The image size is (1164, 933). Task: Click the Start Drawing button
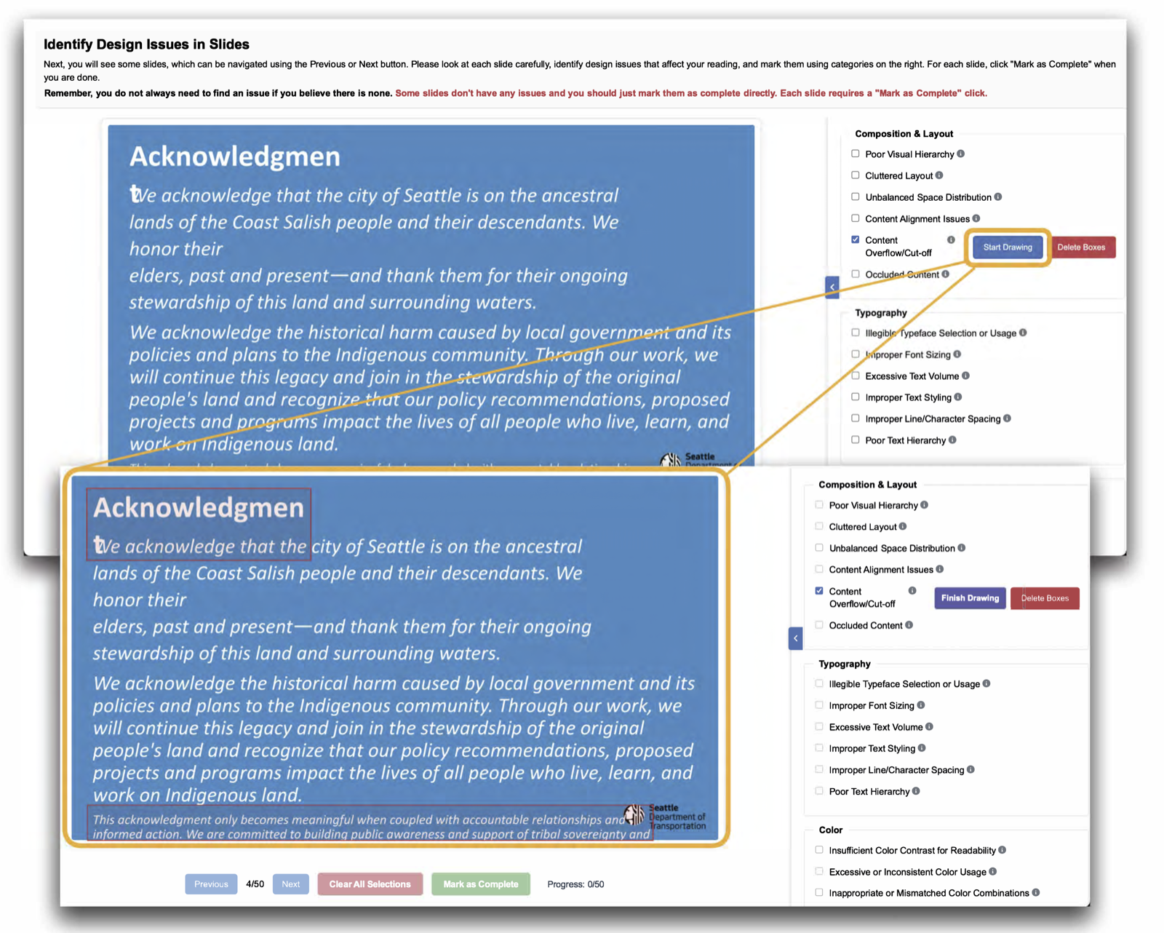pyautogui.click(x=1007, y=247)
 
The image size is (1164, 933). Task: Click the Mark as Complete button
pyautogui.click(x=480, y=884)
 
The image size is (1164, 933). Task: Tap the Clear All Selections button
pyautogui.click(x=370, y=884)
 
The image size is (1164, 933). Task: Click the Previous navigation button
pyautogui.click(x=211, y=884)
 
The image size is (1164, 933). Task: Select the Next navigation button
pyautogui.click(x=290, y=884)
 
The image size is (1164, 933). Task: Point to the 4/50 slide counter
pyautogui.click(x=255, y=884)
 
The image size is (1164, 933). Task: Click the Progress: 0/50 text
pyautogui.click(x=575, y=884)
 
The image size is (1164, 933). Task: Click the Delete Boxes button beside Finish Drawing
pyautogui.click(x=1045, y=598)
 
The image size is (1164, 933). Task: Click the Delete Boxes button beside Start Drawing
pyautogui.click(x=1080, y=247)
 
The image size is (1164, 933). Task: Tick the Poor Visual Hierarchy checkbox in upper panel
pyautogui.click(x=856, y=154)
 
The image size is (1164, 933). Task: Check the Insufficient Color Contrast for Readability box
pyautogui.click(x=819, y=850)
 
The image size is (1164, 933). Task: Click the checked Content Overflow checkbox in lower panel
pyautogui.click(x=819, y=591)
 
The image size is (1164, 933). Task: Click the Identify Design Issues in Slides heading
pyautogui.click(x=146, y=44)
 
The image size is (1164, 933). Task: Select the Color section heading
pyautogui.click(x=830, y=830)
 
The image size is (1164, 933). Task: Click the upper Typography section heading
pyautogui.click(x=880, y=313)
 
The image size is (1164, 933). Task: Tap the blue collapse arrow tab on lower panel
pyautogui.click(x=795, y=638)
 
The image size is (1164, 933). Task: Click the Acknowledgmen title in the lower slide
pyautogui.click(x=199, y=507)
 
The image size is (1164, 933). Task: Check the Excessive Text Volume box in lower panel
pyautogui.click(x=819, y=726)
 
